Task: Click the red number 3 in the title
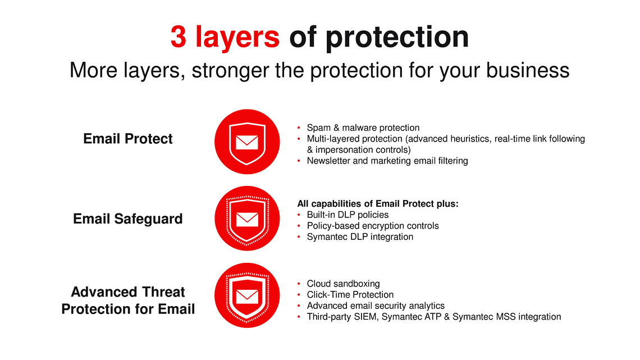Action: [x=179, y=37]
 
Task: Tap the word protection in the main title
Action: [x=397, y=38]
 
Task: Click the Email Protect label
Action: [x=128, y=139]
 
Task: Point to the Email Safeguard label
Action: [x=128, y=219]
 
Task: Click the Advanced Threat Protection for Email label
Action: [x=128, y=300]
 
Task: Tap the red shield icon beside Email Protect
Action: [x=247, y=142]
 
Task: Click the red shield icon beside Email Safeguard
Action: [x=247, y=218]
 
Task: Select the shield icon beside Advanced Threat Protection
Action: [x=247, y=295]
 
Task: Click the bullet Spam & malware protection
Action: [x=363, y=127]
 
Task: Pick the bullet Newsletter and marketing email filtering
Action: [x=387, y=161]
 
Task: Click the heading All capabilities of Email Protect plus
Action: [x=378, y=204]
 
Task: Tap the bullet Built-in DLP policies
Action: [x=348, y=215]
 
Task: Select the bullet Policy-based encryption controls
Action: [x=373, y=226]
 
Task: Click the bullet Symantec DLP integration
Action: [x=360, y=237]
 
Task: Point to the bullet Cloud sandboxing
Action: [x=343, y=284]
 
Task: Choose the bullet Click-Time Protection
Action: [x=350, y=295]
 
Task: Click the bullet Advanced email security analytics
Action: [x=376, y=306]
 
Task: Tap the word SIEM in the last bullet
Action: [x=365, y=317]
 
